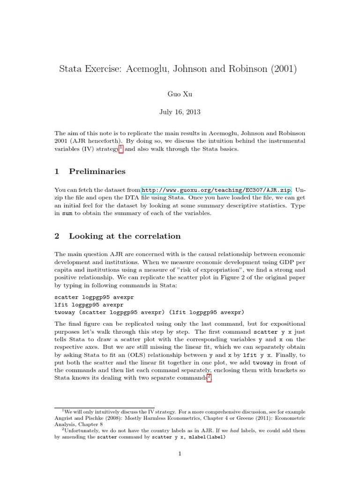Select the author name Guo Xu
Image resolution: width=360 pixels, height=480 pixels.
coord(180,94)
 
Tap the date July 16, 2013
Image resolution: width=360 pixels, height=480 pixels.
coord(180,112)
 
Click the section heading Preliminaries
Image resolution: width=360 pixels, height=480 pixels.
coord(97,171)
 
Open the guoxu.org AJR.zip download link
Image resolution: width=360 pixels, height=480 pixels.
coord(216,190)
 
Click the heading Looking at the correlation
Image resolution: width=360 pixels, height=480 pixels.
coord(124,236)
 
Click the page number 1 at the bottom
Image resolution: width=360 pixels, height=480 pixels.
coord(180,453)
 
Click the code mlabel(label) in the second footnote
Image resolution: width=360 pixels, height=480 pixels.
coord(204,437)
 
